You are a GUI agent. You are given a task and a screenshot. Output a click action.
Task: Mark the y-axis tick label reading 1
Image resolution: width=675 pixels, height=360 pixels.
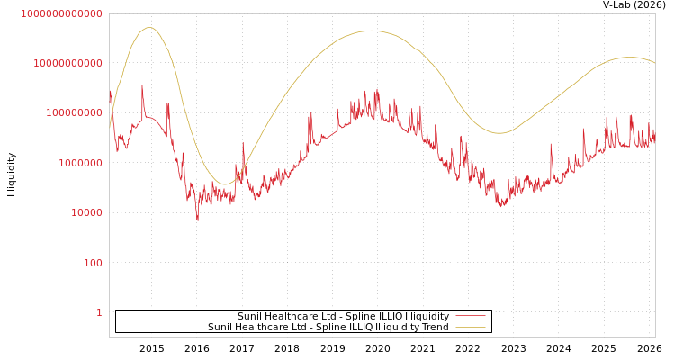click(99, 312)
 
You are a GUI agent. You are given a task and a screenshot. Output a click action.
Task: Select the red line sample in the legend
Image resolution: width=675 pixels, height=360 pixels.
click(471, 316)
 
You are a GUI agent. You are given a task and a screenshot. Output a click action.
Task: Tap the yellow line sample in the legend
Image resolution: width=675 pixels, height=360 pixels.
click(471, 327)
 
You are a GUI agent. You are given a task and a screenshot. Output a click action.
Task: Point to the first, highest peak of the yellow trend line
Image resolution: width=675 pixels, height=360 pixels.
click(149, 27)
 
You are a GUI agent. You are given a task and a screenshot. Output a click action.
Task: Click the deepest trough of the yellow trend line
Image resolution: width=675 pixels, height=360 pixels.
click(225, 184)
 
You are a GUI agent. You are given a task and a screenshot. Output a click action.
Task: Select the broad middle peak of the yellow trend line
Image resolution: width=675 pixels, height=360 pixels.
click(371, 31)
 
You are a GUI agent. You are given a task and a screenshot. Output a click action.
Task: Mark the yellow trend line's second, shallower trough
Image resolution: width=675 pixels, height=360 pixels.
click(499, 133)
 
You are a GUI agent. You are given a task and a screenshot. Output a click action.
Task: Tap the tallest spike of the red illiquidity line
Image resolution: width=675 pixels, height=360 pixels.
click(142, 85)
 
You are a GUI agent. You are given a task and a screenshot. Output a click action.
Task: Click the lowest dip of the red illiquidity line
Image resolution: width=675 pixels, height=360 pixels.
click(198, 220)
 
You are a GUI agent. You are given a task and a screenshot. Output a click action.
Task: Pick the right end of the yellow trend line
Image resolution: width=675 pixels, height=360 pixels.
click(654, 63)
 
